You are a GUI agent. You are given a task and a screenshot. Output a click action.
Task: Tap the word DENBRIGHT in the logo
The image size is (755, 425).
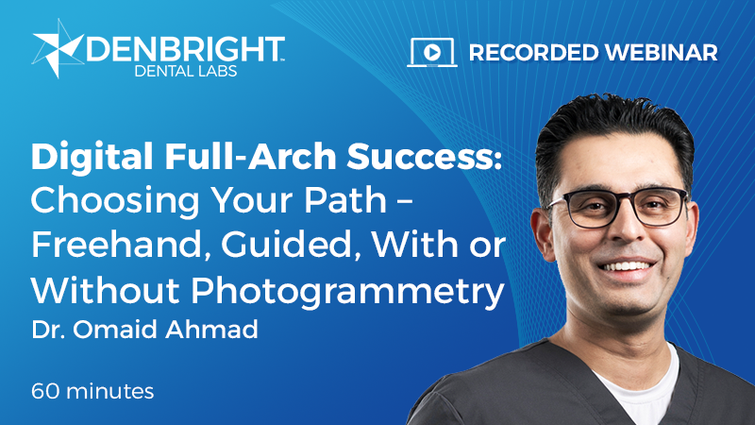183,47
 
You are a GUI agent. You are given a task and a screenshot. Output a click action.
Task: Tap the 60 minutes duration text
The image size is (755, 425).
92,389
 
